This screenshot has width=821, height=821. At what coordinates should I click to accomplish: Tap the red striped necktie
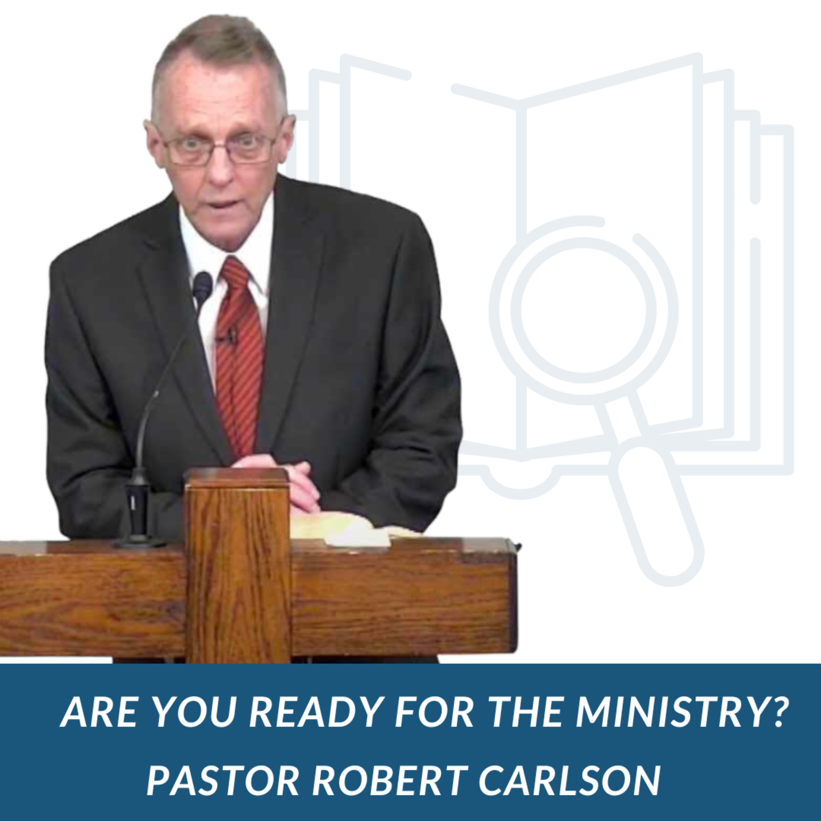[x=239, y=357]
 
